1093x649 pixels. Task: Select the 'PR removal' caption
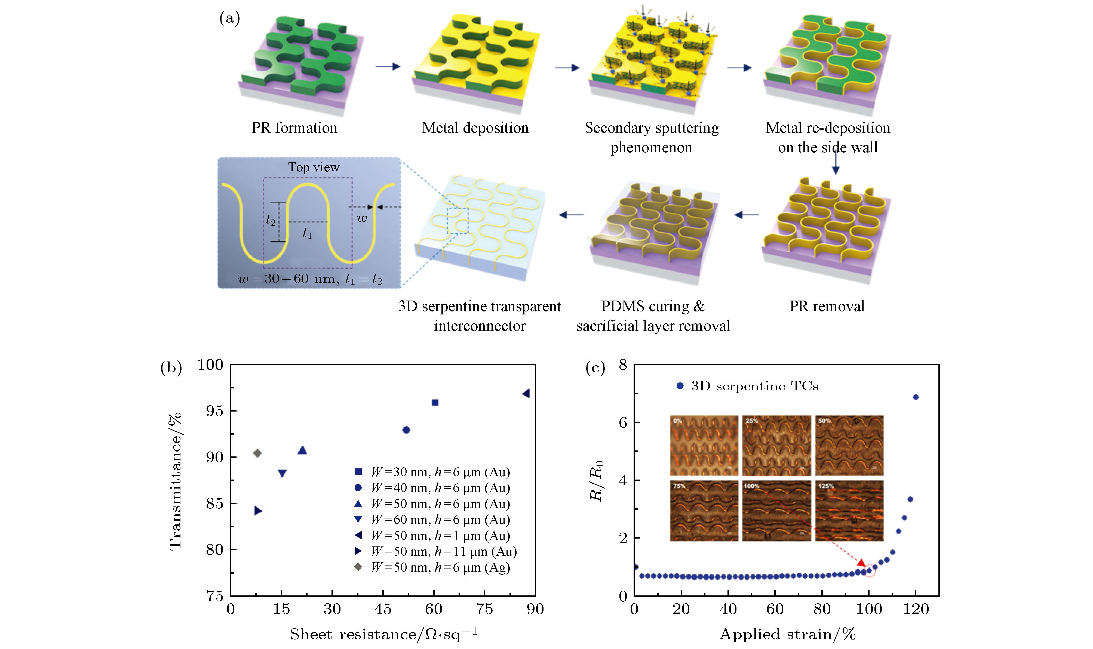(827, 306)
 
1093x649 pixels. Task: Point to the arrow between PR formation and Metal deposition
(388, 66)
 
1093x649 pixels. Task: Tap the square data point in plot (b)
(435, 402)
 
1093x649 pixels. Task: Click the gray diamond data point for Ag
(257, 453)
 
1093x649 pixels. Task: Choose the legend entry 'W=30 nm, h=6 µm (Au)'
(440, 472)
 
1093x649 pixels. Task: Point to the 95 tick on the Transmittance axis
(214, 411)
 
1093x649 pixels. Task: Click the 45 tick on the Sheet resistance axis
(383, 609)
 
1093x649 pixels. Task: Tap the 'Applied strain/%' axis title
(787, 634)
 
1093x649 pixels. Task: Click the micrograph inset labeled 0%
(704, 445)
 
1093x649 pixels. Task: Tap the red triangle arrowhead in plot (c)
(861, 563)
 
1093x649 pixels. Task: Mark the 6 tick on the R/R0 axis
(623, 422)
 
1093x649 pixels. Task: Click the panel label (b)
(171, 367)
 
